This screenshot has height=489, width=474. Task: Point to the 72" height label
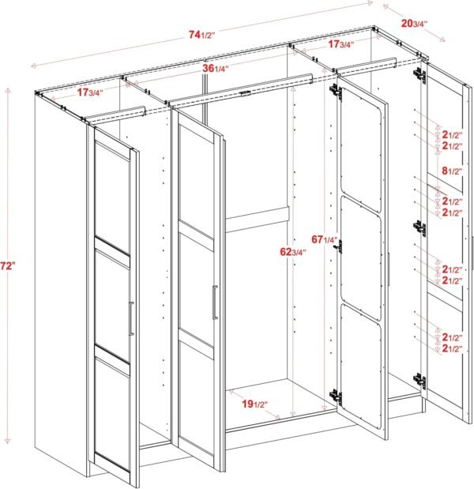pos(9,267)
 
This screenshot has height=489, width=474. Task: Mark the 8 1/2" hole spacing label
pos(452,171)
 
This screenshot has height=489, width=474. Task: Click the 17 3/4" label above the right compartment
pos(341,44)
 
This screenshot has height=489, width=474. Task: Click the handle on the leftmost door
pos(130,318)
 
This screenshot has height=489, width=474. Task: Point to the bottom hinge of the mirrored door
pos(336,396)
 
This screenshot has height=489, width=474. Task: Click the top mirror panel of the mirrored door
pos(361,150)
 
